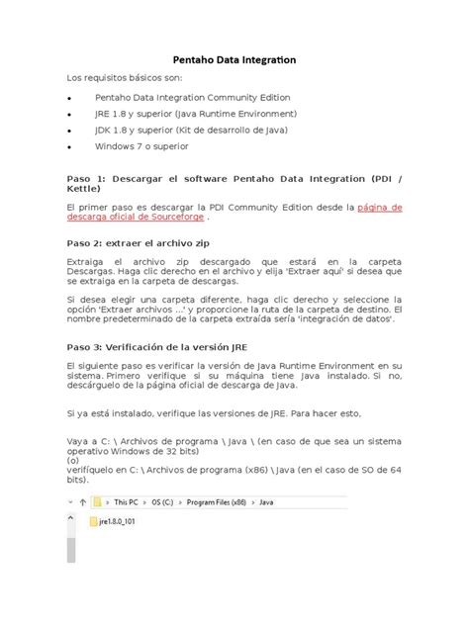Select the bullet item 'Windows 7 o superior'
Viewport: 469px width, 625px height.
click(142, 146)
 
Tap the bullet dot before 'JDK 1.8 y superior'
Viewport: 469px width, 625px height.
click(68, 131)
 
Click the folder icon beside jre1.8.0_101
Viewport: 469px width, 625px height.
click(94, 520)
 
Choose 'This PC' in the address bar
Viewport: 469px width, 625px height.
click(130, 501)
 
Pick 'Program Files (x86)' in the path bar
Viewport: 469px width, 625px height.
click(225, 501)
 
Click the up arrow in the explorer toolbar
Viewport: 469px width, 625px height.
click(81, 501)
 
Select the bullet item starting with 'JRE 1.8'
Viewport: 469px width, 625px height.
click(195, 114)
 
